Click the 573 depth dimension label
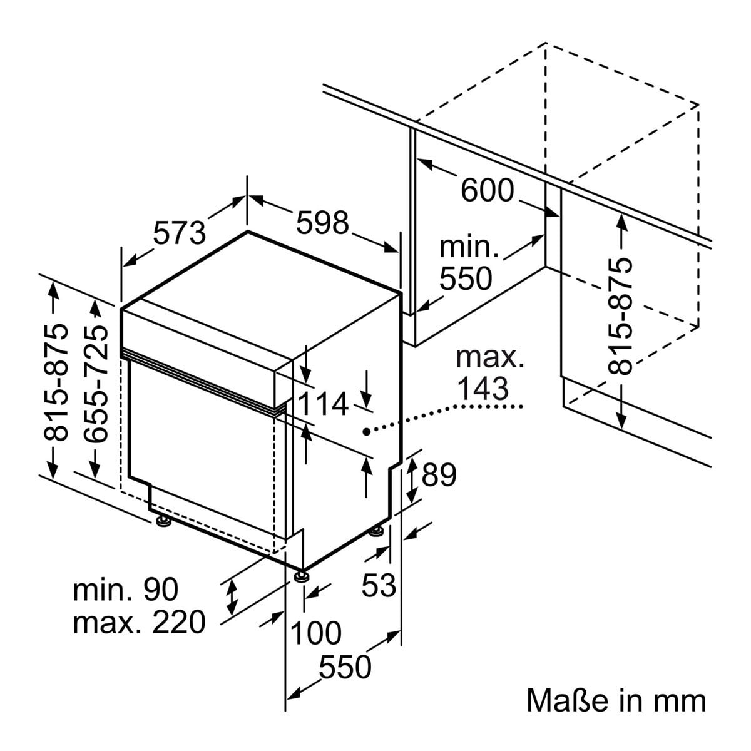click(x=179, y=233)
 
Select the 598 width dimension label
click(x=322, y=223)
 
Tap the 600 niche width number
click(x=487, y=190)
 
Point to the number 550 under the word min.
click(x=466, y=278)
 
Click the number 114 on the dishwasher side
click(x=322, y=404)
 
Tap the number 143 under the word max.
click(x=482, y=389)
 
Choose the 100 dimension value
click(x=316, y=633)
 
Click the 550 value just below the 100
click(x=345, y=667)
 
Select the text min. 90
click(x=126, y=590)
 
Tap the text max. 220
click(x=139, y=622)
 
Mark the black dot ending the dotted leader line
click(x=366, y=431)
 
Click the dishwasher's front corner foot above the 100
click(x=302, y=575)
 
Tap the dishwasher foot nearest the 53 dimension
click(x=377, y=531)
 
